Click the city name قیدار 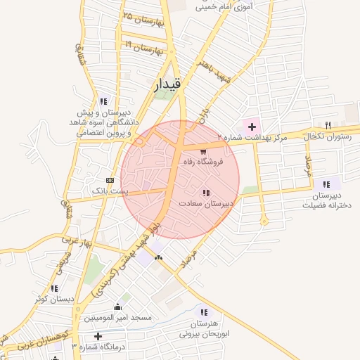pyautogui.click(x=167, y=84)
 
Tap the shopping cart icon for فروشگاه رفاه pyautogui.click(x=203, y=151)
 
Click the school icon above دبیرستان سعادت pyautogui.click(x=206, y=192)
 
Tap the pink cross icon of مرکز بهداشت pyautogui.click(x=252, y=127)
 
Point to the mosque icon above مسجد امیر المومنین pyautogui.click(x=117, y=307)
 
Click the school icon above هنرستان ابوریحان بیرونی pyautogui.click(x=204, y=312)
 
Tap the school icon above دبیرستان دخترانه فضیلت pyautogui.click(x=326, y=184)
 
